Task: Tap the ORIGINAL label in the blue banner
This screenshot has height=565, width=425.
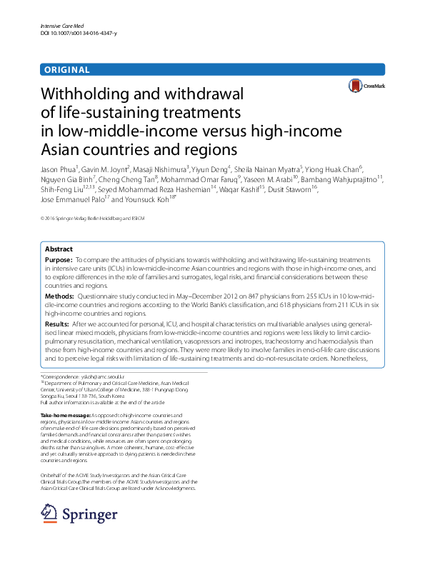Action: pyautogui.click(x=66, y=70)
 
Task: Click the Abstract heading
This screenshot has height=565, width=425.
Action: pyautogui.click(x=59, y=249)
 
